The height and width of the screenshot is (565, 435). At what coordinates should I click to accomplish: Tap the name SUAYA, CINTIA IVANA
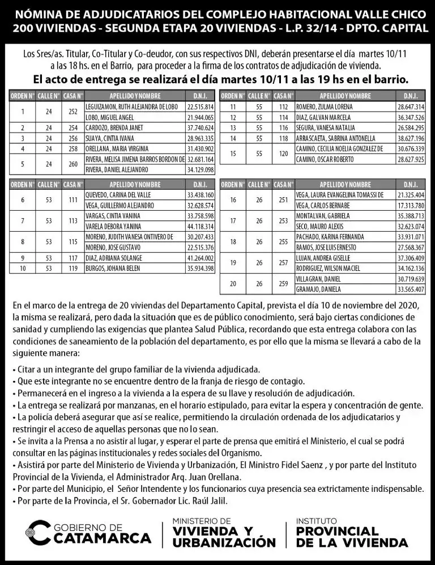coord(110,138)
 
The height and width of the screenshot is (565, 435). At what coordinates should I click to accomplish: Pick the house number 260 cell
coord(73,164)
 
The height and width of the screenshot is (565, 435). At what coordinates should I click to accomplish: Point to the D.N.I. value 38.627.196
coord(411,138)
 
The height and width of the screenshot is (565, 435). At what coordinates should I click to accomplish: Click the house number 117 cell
coord(73,258)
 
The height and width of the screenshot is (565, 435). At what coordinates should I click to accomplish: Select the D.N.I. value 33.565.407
coord(411,289)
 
